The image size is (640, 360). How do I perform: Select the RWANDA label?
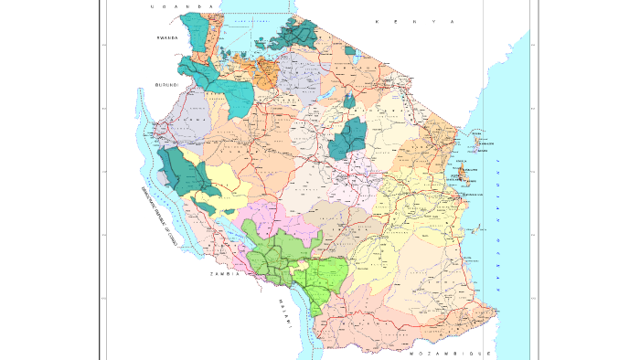pyautogui.click(x=167, y=38)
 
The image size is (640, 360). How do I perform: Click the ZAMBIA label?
pyautogui.click(x=224, y=273)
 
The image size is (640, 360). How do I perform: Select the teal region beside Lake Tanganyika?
pyautogui.click(x=183, y=174)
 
